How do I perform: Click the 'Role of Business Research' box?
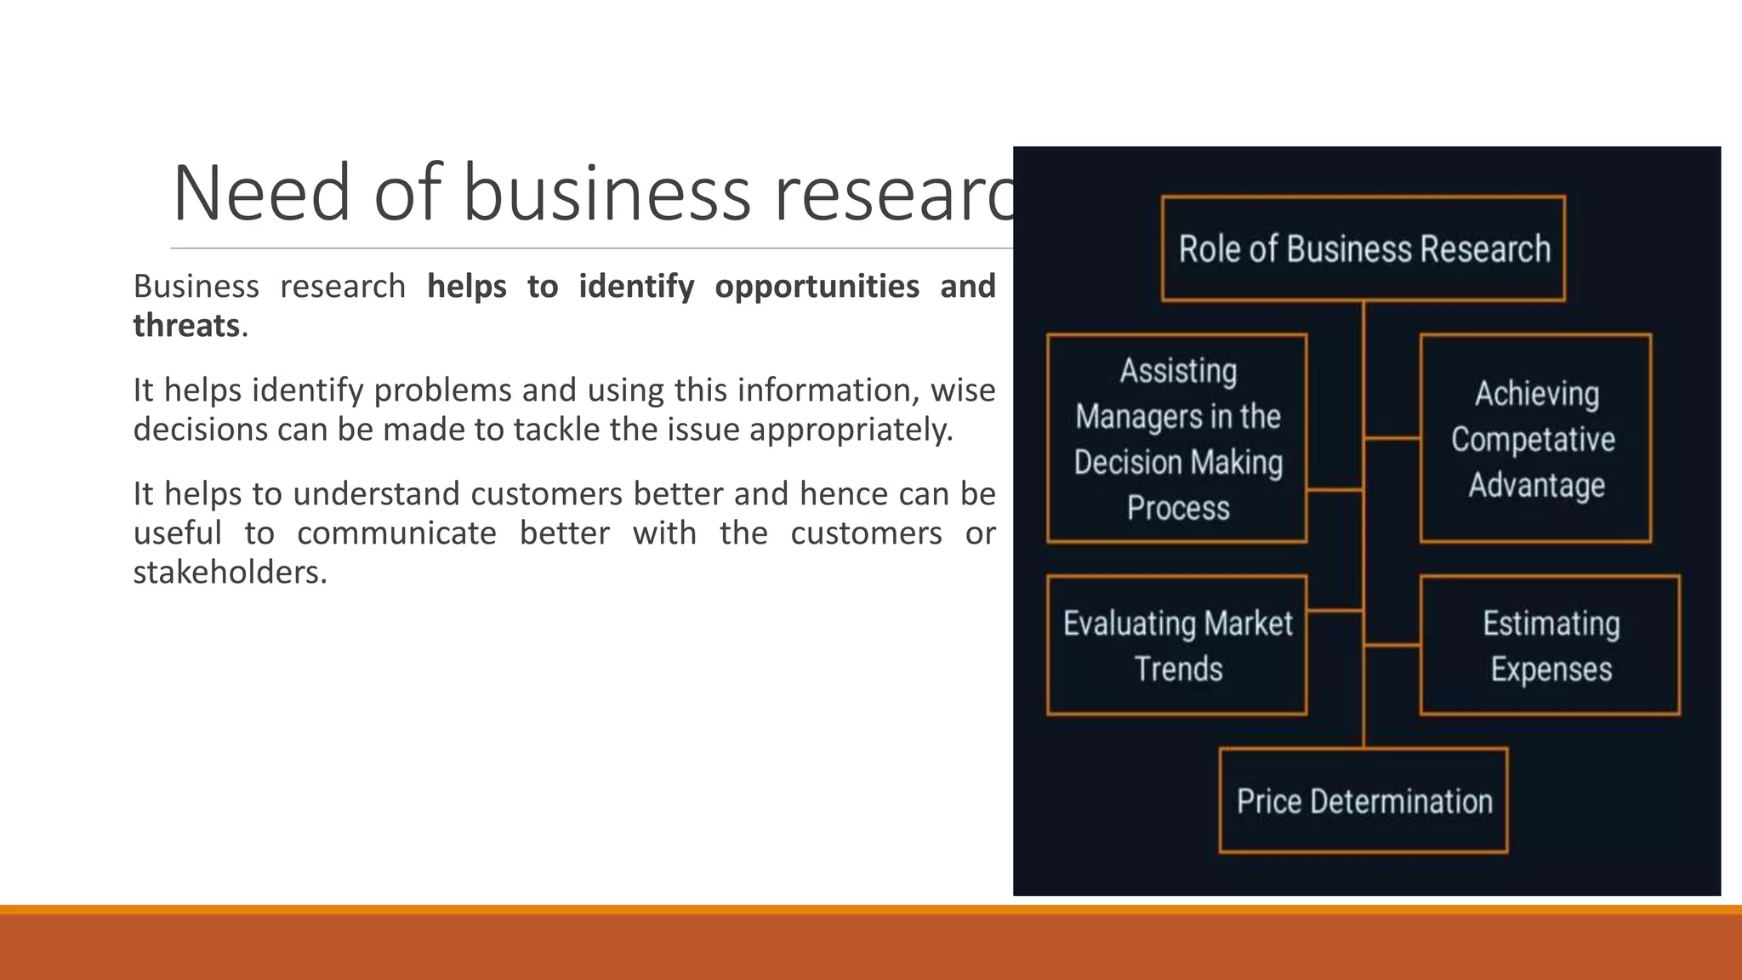(x=1363, y=248)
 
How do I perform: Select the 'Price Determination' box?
(x=1363, y=801)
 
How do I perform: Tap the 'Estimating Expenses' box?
(x=1550, y=646)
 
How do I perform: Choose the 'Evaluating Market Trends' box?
(x=1177, y=646)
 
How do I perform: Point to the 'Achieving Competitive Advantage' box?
(x=1535, y=439)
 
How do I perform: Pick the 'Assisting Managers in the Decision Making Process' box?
(x=1177, y=439)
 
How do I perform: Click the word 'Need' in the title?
(x=261, y=193)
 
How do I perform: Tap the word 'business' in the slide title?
(x=606, y=193)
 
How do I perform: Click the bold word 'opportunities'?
(x=817, y=287)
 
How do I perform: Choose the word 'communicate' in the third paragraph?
(x=396, y=533)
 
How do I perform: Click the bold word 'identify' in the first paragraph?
(x=636, y=287)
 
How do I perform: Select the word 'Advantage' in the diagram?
(x=1537, y=485)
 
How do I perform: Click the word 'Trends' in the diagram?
(x=1178, y=669)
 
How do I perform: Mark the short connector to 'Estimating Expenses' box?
(x=1392, y=646)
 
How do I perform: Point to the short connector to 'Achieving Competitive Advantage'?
(x=1392, y=439)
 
